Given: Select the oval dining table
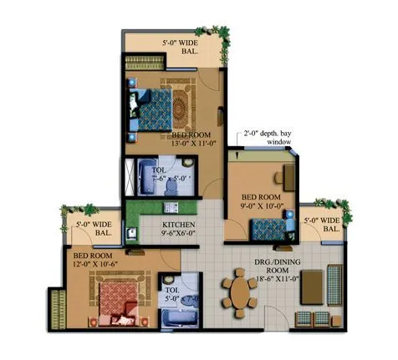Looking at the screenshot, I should click(242, 295).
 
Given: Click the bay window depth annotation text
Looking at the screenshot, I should click(268, 138).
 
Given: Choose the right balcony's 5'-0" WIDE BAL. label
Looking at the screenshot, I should click(322, 226).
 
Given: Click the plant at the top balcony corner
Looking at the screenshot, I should click(222, 34).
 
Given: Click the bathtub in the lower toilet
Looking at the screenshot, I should click(178, 320).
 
